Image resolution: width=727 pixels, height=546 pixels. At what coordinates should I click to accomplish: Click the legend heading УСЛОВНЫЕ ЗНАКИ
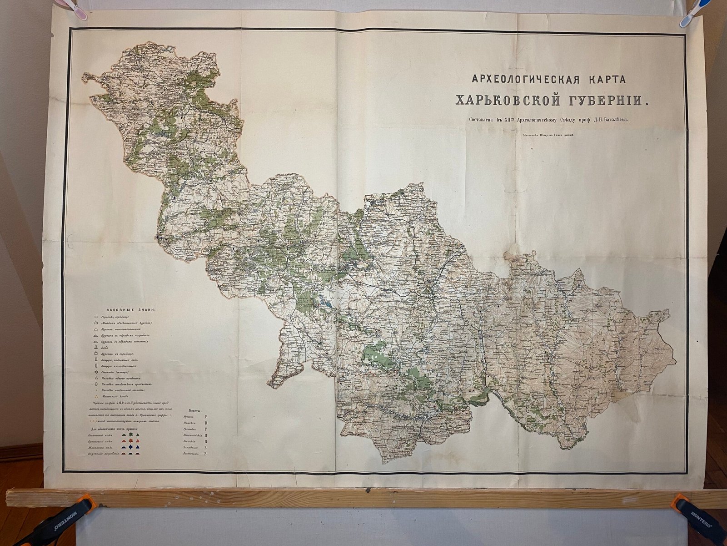pyautogui.click(x=130, y=310)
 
